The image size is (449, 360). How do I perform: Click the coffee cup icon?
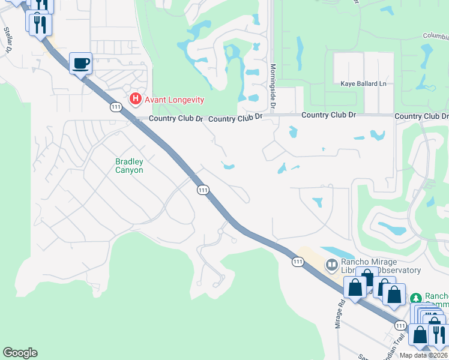80,63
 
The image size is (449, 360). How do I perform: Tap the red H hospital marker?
136,99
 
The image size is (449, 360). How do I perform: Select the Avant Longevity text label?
173,100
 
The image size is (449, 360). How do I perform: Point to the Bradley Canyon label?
129,166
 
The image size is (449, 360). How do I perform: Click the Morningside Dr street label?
273,86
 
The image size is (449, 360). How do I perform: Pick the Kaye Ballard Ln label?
363,83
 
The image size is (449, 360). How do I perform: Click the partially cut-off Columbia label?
435,36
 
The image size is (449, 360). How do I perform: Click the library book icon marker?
331,265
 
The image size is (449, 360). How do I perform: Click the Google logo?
20,353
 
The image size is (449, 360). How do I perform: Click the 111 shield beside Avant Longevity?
116,107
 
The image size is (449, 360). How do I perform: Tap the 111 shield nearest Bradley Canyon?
203,190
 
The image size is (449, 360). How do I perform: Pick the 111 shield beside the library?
298,262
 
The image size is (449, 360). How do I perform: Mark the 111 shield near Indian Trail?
400,325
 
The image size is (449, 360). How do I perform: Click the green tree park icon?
415,298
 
